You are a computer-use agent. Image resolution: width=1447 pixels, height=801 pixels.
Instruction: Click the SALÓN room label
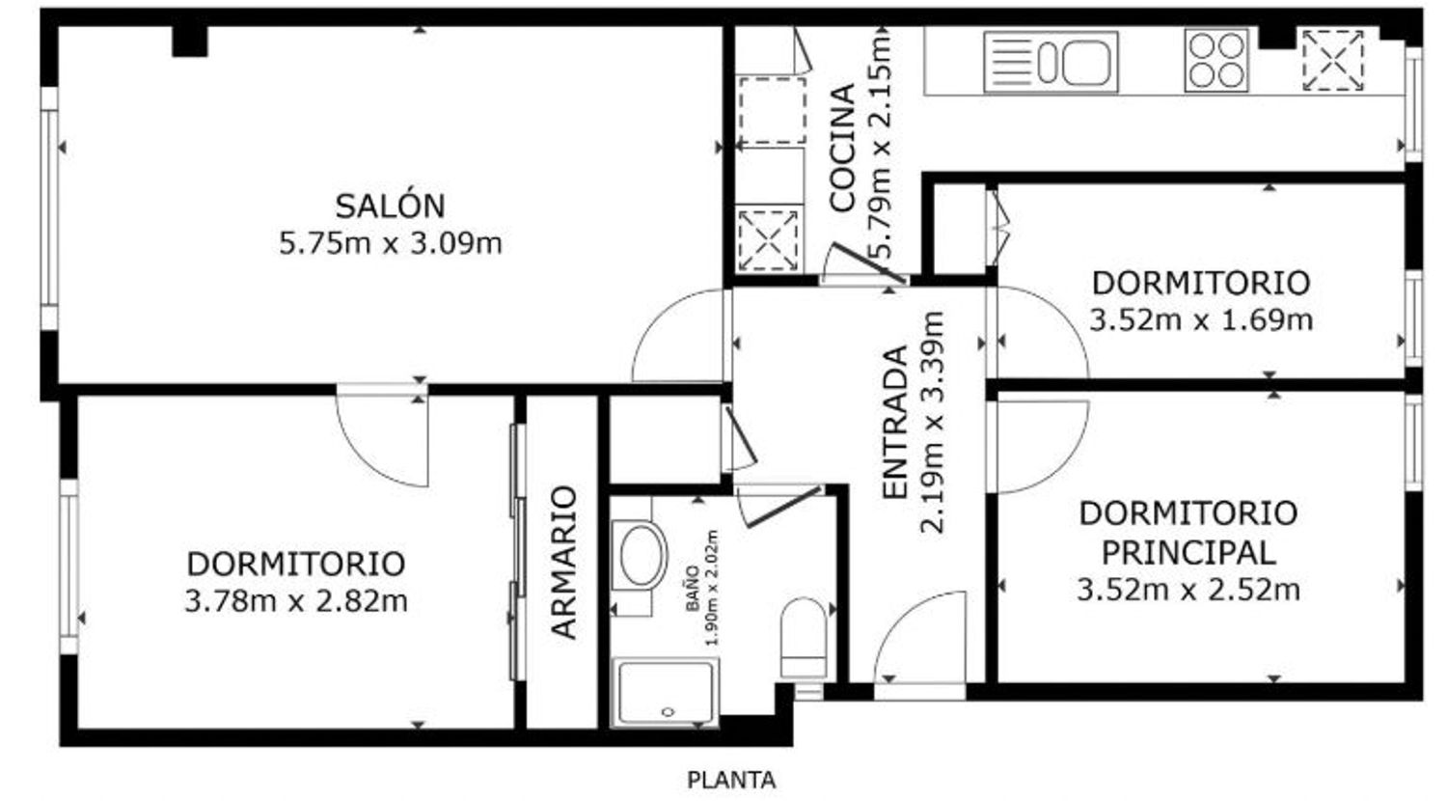[x=390, y=207]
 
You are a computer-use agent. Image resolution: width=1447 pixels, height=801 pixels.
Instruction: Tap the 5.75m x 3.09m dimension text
[x=390, y=244]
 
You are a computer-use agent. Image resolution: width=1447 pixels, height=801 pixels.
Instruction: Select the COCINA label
[x=841, y=148]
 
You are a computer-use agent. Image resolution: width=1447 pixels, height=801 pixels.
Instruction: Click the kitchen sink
[x=1051, y=62]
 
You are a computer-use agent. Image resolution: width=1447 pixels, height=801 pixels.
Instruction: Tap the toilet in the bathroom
[x=804, y=638]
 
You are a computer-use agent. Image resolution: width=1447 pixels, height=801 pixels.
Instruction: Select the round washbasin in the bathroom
[x=641, y=556]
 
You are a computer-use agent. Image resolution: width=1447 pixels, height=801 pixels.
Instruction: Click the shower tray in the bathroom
[x=666, y=693]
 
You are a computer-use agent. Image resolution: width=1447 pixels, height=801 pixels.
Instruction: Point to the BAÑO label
[x=693, y=589]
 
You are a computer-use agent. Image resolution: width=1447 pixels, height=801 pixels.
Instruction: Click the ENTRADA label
[x=894, y=423]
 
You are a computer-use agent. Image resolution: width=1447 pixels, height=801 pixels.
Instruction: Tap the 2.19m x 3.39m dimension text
[x=932, y=423]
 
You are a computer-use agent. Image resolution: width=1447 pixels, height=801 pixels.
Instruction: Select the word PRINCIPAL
[x=1188, y=553]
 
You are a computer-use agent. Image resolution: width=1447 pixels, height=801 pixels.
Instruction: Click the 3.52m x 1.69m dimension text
[x=1202, y=320]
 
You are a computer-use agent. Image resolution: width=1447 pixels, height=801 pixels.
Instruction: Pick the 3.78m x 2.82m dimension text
[x=296, y=602]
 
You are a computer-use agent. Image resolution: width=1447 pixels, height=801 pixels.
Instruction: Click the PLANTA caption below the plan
[x=731, y=781]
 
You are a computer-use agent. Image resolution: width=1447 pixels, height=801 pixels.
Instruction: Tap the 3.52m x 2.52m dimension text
[x=1188, y=591]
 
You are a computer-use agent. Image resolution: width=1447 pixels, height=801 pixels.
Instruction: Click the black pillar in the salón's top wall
[x=190, y=41]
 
